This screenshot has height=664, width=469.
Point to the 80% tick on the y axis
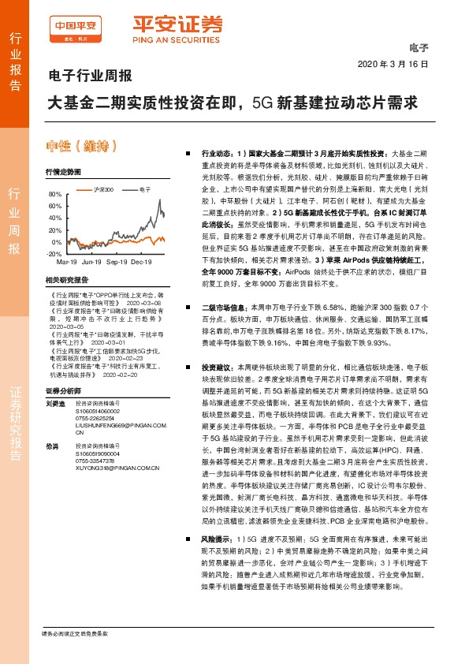pyautogui.click(x=55, y=194)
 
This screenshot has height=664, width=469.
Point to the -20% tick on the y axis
pyautogui.click(x=54, y=254)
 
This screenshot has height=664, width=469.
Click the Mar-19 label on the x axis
pyautogui.click(x=67, y=261)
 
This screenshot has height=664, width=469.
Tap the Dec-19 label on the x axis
pyautogui.click(x=141, y=261)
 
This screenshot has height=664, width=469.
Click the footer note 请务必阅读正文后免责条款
pyautogui.click(x=74, y=635)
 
